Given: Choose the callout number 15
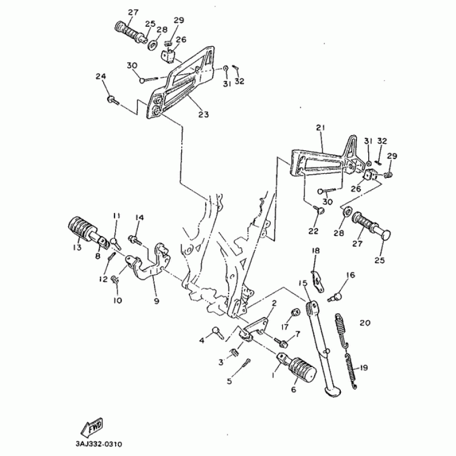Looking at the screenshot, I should tap(303, 283).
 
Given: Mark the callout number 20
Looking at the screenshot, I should tap(365, 323).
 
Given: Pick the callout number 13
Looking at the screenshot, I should tap(77, 249).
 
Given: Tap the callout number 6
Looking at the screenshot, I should tap(294, 390).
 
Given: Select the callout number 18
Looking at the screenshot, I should tap(315, 251).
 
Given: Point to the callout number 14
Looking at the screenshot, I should tap(140, 217).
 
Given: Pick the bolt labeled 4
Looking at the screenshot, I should tap(218, 332).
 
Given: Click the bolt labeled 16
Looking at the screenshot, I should tap(337, 296).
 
